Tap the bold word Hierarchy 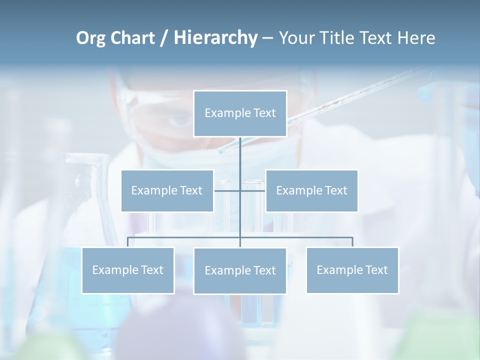pyautogui.click(x=215, y=38)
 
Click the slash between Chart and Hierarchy pyautogui.click(x=164, y=38)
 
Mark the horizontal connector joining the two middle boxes pyautogui.click(x=227, y=190)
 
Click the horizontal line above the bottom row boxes pyautogui.click(x=185, y=237)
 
